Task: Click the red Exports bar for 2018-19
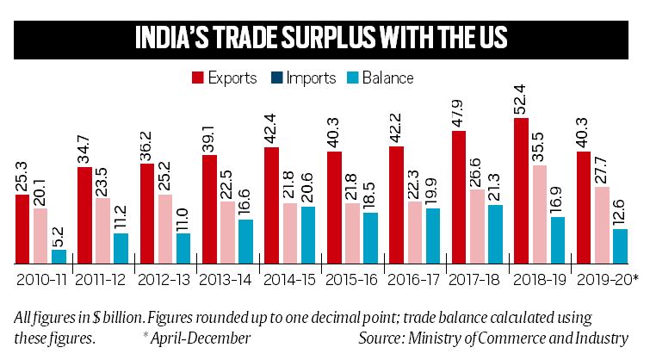[520, 190]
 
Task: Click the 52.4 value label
[520, 98]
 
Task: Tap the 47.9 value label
[458, 112]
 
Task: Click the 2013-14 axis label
[226, 280]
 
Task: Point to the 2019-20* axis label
[608, 280]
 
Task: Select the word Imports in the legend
[313, 78]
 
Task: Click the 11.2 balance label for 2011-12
[121, 214]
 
